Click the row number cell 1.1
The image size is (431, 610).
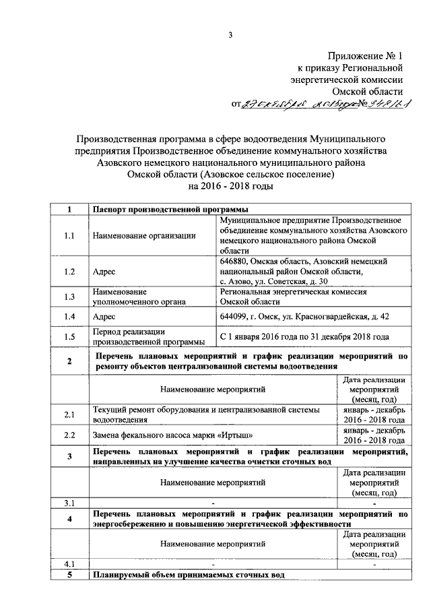click(x=69, y=236)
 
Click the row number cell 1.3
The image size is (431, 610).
click(x=69, y=297)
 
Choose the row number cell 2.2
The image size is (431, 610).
click(x=69, y=435)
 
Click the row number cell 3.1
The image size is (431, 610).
click(x=69, y=502)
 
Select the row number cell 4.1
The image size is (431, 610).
click(x=69, y=563)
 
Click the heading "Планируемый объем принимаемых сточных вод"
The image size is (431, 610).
click(x=189, y=574)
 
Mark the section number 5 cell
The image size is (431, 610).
click(x=69, y=574)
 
